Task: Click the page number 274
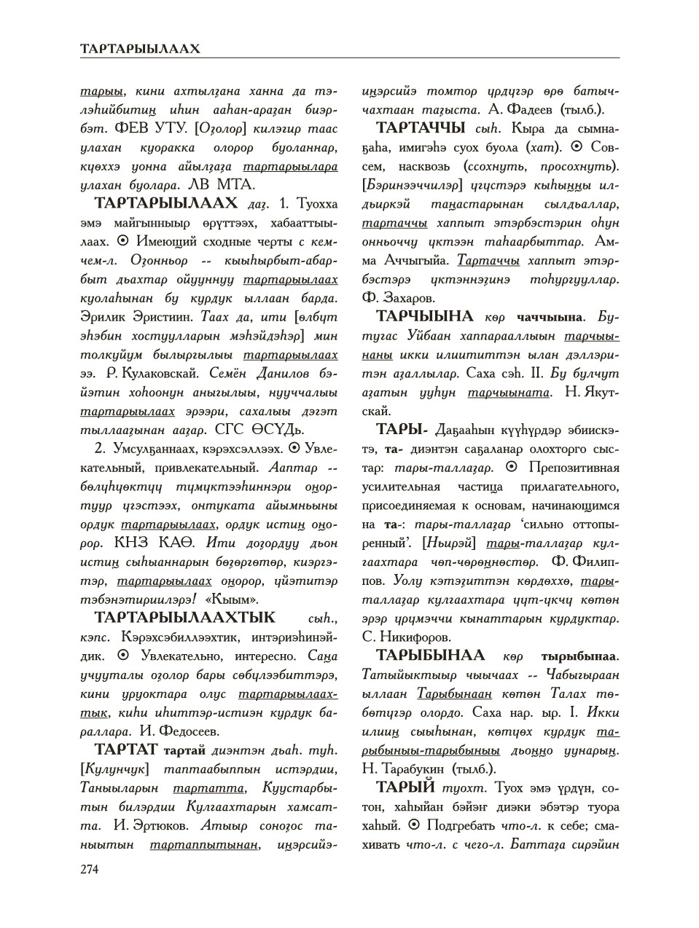click(89, 869)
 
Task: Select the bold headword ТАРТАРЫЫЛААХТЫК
click(185, 618)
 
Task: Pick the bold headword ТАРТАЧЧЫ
click(421, 128)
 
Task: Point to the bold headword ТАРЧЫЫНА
click(425, 317)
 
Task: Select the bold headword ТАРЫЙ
click(405, 787)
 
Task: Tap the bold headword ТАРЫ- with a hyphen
click(405, 430)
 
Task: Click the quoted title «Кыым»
click(233, 599)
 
